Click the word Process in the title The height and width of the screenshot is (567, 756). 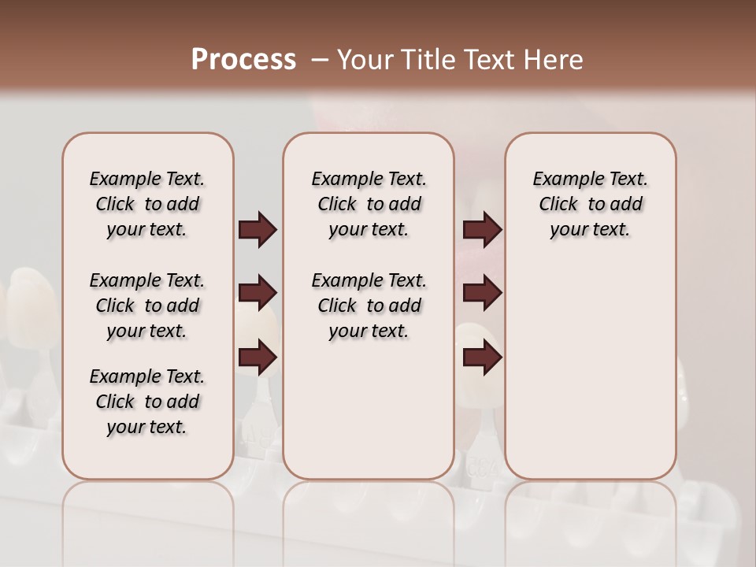click(x=243, y=60)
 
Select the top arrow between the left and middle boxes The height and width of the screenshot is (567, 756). click(x=258, y=230)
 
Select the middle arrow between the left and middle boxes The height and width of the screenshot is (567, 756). click(x=258, y=294)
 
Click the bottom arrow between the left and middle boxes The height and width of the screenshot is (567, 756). click(x=258, y=358)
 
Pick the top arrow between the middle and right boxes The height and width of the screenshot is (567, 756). click(x=482, y=230)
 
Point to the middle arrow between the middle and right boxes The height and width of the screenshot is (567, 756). click(x=482, y=294)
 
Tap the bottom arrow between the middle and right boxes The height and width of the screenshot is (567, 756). click(x=482, y=358)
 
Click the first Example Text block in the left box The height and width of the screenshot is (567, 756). click(x=147, y=204)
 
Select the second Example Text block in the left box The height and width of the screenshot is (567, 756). click(x=147, y=306)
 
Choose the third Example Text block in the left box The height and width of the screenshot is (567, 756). click(x=147, y=402)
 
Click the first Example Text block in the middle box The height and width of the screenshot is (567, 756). click(x=369, y=204)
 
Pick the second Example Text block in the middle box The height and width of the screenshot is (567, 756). click(x=369, y=306)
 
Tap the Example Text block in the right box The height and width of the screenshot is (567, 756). click(x=590, y=204)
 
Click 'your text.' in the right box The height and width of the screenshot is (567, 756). click(x=590, y=230)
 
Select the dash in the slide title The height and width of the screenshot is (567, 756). click(x=320, y=60)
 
